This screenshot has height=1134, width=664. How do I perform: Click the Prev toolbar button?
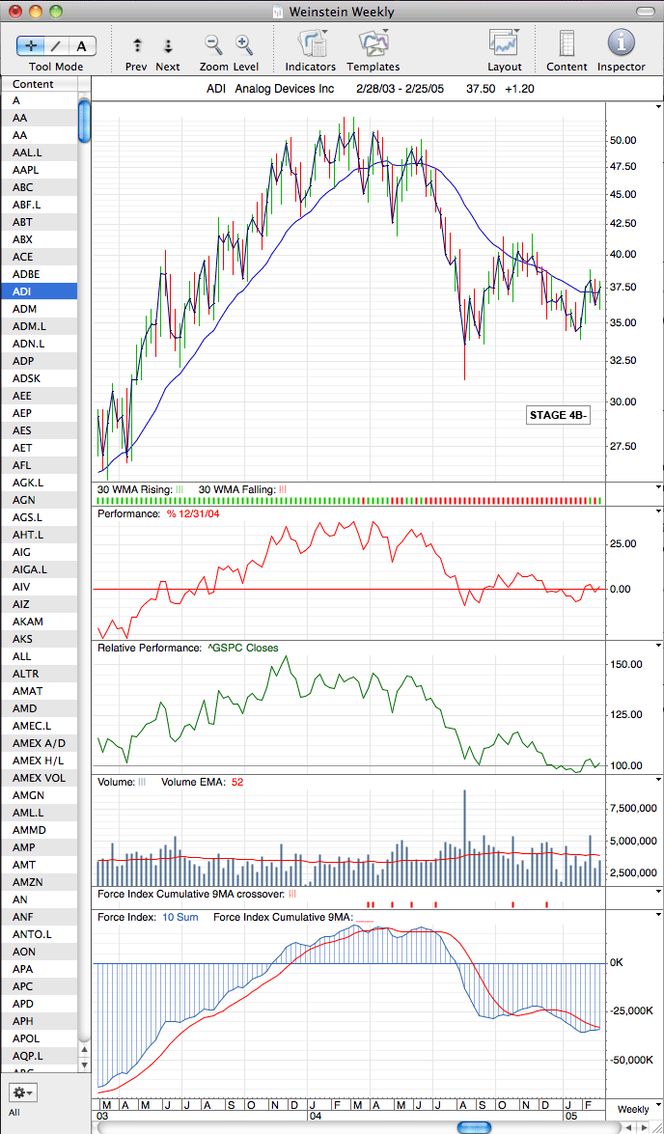tap(137, 46)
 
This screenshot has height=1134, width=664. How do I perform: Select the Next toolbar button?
tap(168, 46)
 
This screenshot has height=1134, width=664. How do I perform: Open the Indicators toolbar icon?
tap(311, 44)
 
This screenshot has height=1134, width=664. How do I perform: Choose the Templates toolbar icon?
tap(373, 44)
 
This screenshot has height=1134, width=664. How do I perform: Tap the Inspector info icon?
tap(621, 42)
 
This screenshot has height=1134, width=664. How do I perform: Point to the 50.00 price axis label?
tap(622, 140)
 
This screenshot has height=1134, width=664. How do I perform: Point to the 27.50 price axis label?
tap(622, 446)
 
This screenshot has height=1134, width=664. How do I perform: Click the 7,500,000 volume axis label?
tap(632, 809)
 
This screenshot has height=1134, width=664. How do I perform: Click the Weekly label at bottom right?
tap(633, 1109)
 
